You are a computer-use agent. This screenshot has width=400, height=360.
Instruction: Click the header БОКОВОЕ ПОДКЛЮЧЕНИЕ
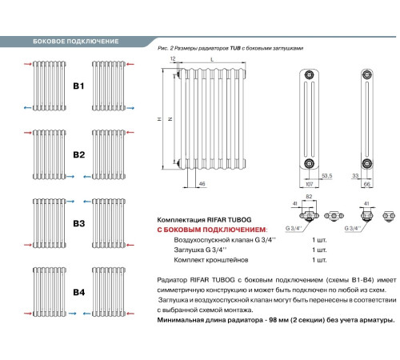pos(75,41)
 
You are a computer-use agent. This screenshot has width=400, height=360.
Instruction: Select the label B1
pos(78,84)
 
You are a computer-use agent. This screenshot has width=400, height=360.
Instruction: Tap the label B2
pos(78,154)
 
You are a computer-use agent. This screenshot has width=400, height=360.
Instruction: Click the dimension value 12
pos(172,60)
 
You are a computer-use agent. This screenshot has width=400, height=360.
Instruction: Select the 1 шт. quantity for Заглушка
pos(319,250)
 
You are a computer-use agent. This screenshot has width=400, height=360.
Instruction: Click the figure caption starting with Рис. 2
pos(230,48)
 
